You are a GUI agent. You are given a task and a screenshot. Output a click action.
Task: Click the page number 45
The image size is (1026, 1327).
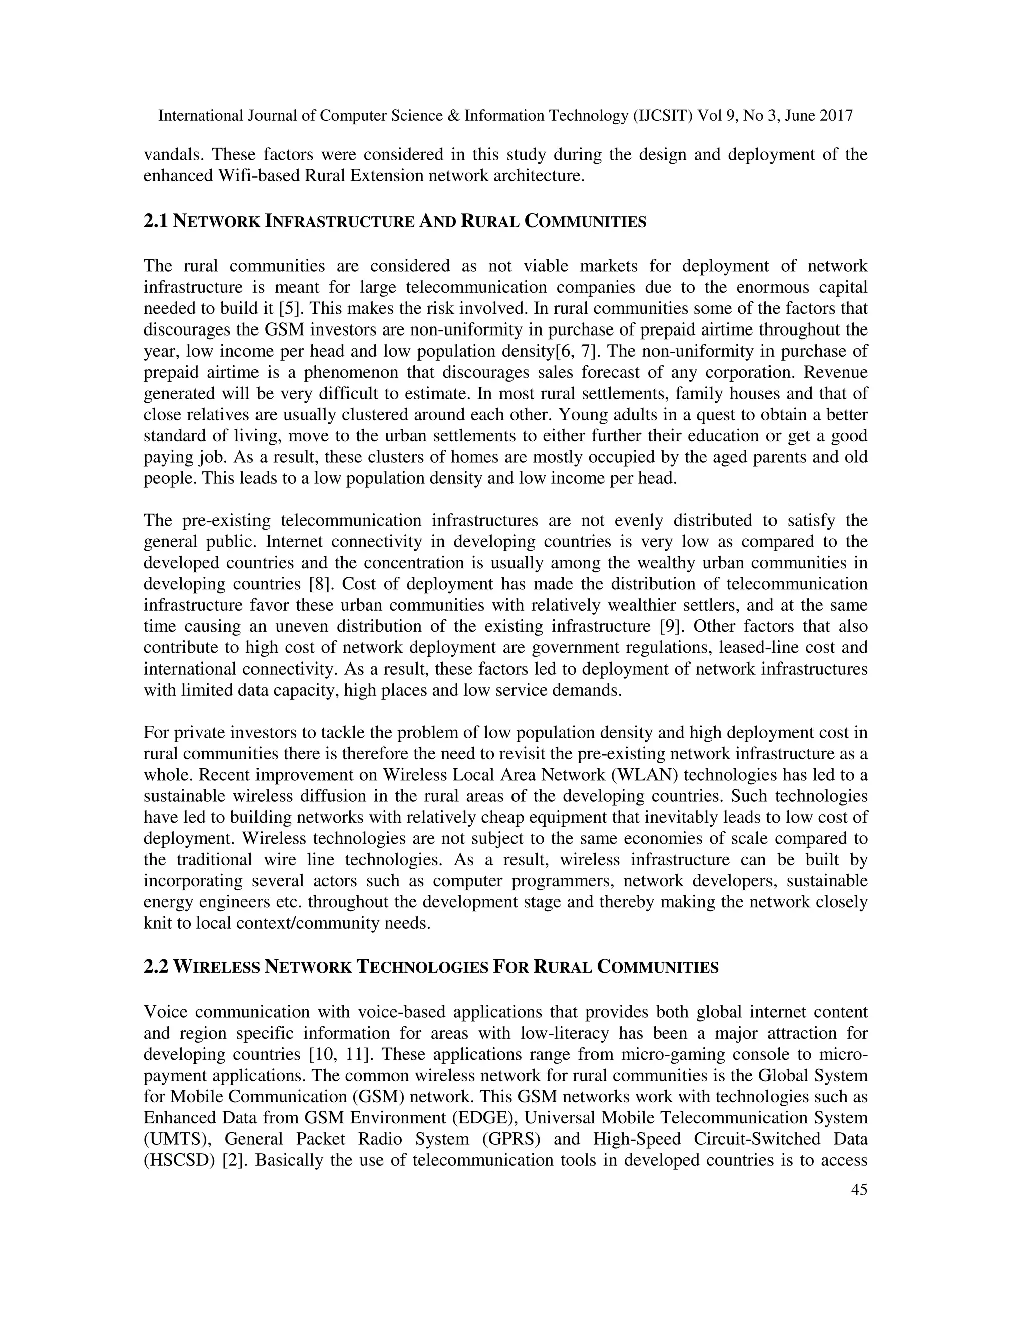859,1207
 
